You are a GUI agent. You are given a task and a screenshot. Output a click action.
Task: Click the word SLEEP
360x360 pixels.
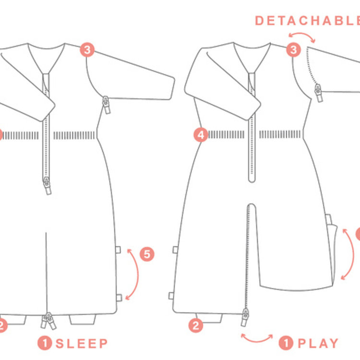coord(82,344)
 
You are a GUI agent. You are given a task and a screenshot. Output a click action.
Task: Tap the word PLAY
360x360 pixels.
coord(318,344)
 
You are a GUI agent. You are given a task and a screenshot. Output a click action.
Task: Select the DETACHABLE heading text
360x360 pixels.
coord(308,21)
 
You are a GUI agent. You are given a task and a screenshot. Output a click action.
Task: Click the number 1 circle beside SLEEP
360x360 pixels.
coord(45,343)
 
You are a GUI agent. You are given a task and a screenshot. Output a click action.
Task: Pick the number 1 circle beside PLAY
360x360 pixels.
coord(286,343)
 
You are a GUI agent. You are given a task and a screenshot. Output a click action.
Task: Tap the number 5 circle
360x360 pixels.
coord(147,254)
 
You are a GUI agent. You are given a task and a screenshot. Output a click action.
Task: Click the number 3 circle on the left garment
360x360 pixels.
coord(87,50)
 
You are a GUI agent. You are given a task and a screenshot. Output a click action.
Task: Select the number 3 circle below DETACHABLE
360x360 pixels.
coord(293,50)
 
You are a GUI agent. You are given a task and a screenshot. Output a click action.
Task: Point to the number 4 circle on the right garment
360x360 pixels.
coord(201,135)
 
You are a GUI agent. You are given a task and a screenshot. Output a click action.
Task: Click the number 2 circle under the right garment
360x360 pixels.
coord(196,325)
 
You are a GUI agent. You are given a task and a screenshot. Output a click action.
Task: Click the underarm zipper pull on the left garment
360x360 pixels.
coord(106,105)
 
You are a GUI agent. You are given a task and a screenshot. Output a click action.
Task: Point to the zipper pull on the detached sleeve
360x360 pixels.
coord(319,93)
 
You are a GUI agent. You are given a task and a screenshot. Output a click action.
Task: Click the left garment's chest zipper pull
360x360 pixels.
coord(48,185)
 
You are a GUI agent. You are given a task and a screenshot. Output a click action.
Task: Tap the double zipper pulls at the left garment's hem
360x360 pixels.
coord(48,321)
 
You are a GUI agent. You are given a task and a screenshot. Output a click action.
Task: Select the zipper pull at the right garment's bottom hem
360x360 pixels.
coord(245,317)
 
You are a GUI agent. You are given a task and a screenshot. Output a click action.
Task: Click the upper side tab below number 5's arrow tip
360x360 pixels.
coord(118,250)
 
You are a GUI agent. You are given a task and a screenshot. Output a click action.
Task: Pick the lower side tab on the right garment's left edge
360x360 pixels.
coord(171,296)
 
